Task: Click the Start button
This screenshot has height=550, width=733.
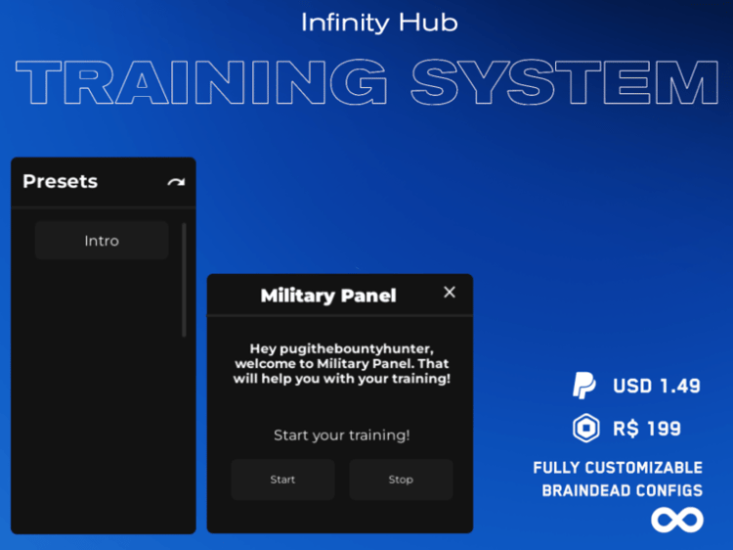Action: pyautogui.click(x=282, y=480)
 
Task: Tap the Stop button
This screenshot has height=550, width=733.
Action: pyautogui.click(x=401, y=480)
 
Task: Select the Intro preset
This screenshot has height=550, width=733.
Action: pyautogui.click(x=102, y=241)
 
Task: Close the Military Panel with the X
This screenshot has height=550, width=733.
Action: pyautogui.click(x=450, y=292)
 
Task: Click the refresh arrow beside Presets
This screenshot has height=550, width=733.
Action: pyautogui.click(x=176, y=182)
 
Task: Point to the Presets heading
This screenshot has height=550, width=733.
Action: pyautogui.click(x=61, y=181)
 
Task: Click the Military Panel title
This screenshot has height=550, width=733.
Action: pyautogui.click(x=328, y=296)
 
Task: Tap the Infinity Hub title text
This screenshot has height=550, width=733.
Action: pyautogui.click(x=379, y=23)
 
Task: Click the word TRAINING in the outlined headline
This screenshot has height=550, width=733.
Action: pyautogui.click(x=201, y=82)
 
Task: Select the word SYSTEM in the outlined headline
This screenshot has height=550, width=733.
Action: pyautogui.click(x=565, y=82)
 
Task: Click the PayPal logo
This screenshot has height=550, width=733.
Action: pyautogui.click(x=583, y=386)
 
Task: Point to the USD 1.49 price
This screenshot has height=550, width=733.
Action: pyautogui.click(x=657, y=387)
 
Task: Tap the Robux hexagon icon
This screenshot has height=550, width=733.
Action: pyautogui.click(x=586, y=428)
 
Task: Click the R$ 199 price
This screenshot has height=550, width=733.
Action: pyautogui.click(x=647, y=429)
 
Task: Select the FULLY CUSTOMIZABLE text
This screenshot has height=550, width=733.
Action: pyautogui.click(x=618, y=468)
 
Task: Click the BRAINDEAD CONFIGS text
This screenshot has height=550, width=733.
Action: pyautogui.click(x=623, y=490)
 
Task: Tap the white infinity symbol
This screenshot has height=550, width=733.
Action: pyautogui.click(x=677, y=520)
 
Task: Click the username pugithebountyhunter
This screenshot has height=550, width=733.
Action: pyautogui.click(x=356, y=349)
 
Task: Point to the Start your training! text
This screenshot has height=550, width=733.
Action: pyautogui.click(x=342, y=435)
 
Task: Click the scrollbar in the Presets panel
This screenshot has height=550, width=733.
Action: pyautogui.click(x=184, y=280)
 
